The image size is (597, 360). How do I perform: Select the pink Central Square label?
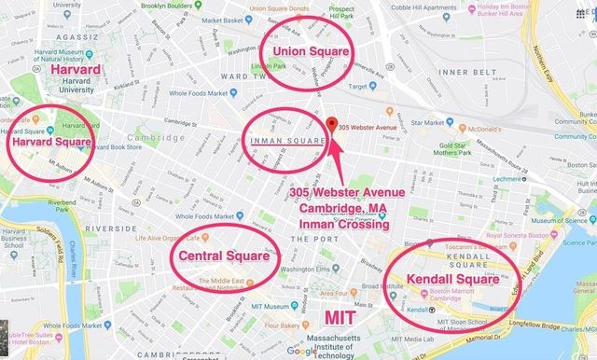[226, 255]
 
